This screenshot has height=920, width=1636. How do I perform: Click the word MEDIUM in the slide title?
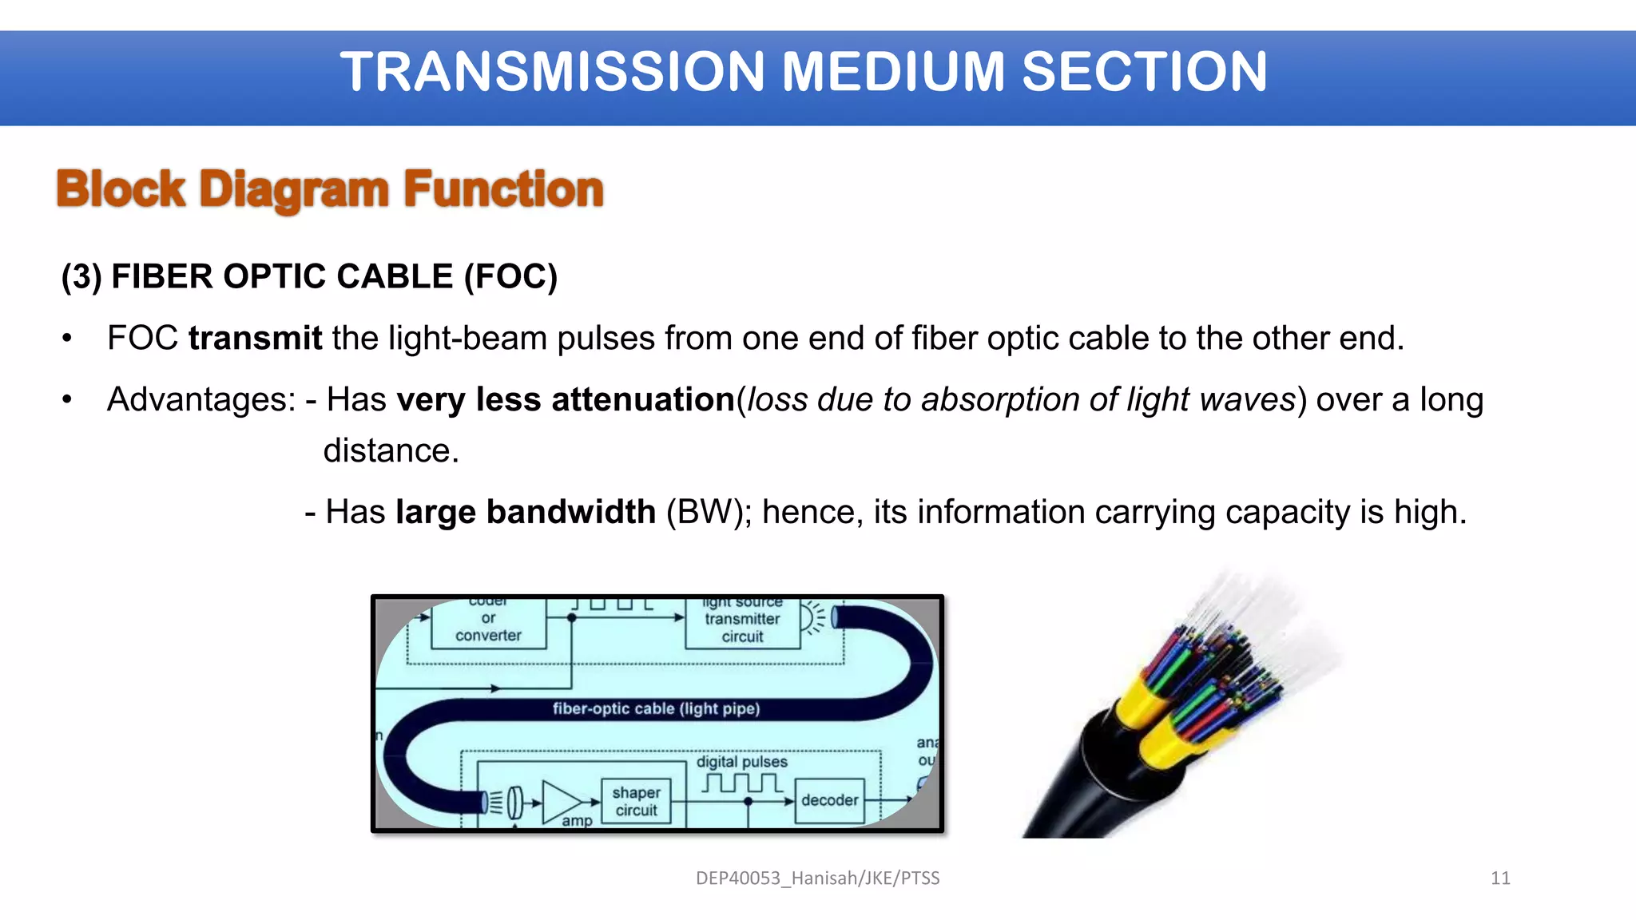click(892, 72)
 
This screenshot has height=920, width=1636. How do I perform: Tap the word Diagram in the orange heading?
click(293, 190)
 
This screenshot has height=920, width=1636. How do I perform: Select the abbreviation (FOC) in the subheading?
click(510, 277)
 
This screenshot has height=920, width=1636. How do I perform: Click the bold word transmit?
click(255, 339)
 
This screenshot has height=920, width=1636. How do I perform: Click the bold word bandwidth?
click(570, 512)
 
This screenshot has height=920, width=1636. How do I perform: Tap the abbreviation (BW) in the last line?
click(708, 512)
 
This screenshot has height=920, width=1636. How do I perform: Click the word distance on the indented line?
click(391, 451)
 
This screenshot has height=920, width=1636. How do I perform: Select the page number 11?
click(1500, 878)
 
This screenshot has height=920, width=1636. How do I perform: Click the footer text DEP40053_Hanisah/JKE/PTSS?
click(817, 878)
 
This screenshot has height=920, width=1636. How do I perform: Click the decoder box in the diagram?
click(829, 800)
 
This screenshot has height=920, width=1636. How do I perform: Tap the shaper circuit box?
click(636, 801)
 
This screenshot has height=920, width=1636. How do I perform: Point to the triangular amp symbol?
click(562, 802)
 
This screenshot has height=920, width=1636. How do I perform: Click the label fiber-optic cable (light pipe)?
click(656, 708)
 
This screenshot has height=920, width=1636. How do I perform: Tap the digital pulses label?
click(741, 762)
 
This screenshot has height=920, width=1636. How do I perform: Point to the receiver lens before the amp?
click(515, 802)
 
